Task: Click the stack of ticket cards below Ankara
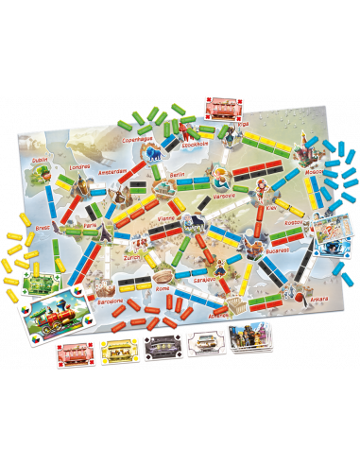tap(249, 338)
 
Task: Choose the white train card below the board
tap(203, 345)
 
